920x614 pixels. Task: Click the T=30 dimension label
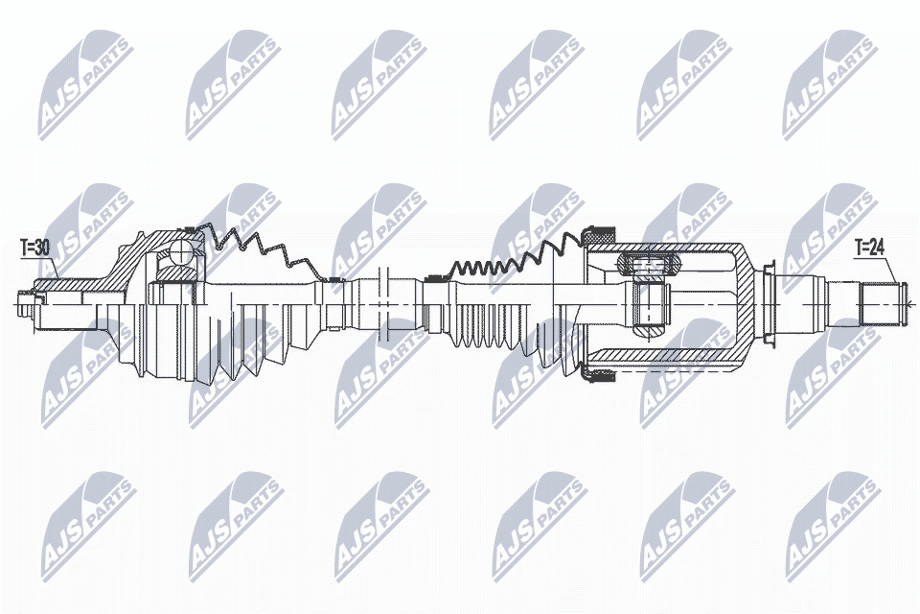[x=34, y=248]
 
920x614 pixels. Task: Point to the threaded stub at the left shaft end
[x=28, y=304]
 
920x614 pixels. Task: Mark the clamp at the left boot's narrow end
[x=334, y=280]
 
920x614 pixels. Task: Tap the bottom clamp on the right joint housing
[x=597, y=376]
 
